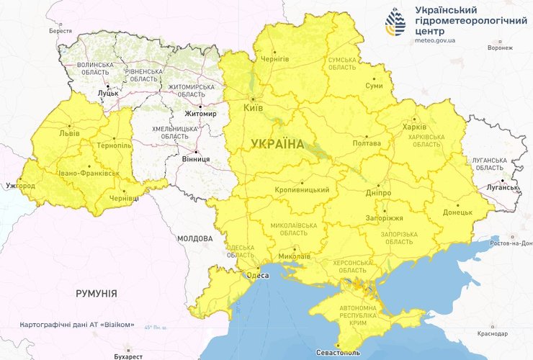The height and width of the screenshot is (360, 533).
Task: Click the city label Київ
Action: click(254, 108)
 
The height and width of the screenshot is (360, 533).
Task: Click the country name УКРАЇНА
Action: click(277, 144)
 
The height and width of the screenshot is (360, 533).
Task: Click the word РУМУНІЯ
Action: click(97, 293)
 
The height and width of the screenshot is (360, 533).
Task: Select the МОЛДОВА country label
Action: click(194, 238)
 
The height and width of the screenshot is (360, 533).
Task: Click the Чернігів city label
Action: click(274, 58)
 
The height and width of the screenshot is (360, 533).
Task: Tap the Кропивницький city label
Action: click(302, 190)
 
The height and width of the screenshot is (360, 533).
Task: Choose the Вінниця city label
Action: click(196, 158)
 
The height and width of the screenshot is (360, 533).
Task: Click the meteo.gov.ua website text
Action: click(436, 41)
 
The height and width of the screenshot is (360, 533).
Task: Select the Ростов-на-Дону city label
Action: click(509, 243)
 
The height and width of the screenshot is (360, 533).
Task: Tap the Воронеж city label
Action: click(499, 48)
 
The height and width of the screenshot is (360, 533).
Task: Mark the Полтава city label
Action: click(366, 143)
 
